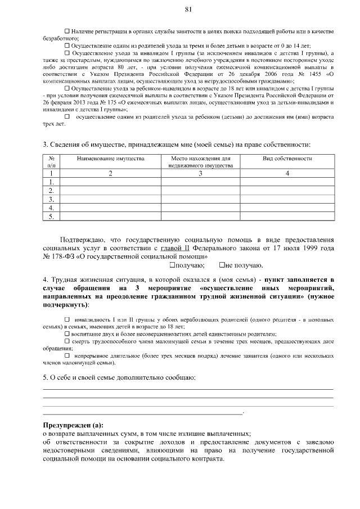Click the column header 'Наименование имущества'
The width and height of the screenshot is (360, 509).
pos(110,159)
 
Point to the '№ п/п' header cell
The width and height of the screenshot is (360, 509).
pos(51,162)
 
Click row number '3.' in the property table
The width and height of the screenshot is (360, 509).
pos(51,199)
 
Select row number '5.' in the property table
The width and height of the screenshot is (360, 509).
pos(51,215)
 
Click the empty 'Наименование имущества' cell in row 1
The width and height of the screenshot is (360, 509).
pos(110,182)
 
